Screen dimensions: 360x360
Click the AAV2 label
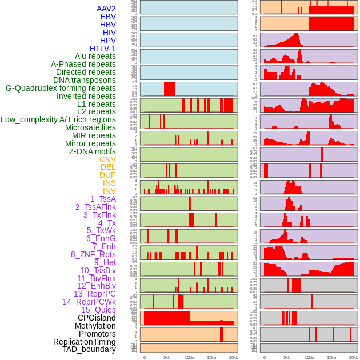coord(106,9)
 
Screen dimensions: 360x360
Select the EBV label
coord(108,17)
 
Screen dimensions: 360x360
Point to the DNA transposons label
coord(85,80)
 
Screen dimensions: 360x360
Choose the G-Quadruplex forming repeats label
coord(61,88)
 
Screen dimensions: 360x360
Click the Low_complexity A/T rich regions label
coord(58,119)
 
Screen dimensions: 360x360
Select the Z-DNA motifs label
coord(93,151)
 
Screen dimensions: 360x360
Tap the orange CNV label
coord(107,159)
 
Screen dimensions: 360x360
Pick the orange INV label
coord(109,191)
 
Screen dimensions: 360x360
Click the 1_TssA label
coord(103,199)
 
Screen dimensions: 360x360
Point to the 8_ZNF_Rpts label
coord(93,254)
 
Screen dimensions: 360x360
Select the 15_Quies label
coord(97,310)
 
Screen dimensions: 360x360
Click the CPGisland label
coord(97,318)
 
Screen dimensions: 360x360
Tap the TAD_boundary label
coord(89,349)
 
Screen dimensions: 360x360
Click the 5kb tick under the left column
coord(167,357)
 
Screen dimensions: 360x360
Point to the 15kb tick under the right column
coord(331,357)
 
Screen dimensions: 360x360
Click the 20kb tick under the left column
coord(233,357)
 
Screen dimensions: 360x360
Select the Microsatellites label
coord(90,127)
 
